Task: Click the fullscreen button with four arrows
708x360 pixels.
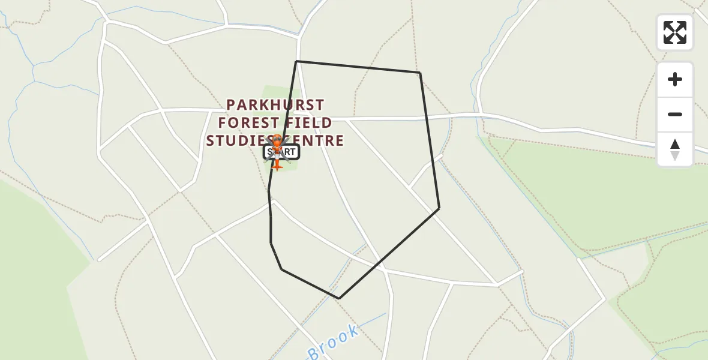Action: [x=674, y=32]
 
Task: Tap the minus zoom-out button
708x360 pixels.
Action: [x=674, y=115]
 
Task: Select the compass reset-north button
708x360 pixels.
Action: [x=674, y=149]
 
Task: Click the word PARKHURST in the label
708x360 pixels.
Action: [x=275, y=105]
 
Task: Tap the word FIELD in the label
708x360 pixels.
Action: [x=310, y=123]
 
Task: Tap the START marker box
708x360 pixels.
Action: [x=281, y=152]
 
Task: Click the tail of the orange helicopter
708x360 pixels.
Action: [x=277, y=164]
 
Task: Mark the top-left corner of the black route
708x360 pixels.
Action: [x=296, y=61]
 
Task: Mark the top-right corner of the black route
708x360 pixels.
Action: [x=419, y=73]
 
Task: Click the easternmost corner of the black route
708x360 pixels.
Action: [x=439, y=208]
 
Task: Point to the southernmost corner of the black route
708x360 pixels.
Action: [x=339, y=298]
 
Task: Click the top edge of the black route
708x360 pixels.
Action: [x=358, y=67]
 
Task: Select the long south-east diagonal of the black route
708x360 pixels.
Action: [x=389, y=253]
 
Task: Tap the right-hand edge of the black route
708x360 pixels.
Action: [x=429, y=140]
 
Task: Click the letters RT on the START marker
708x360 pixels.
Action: [x=289, y=152]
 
